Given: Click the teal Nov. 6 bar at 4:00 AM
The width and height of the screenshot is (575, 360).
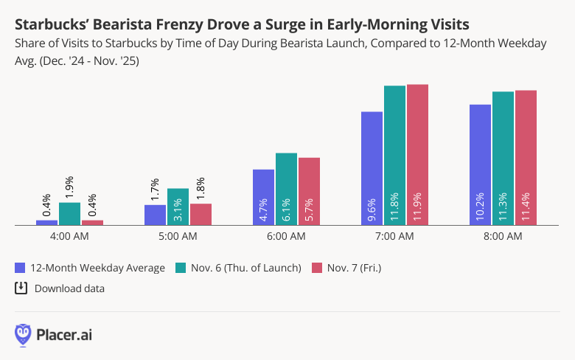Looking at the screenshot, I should click(69, 213).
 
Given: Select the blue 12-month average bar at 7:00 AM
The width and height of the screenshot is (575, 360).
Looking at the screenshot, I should click(372, 167).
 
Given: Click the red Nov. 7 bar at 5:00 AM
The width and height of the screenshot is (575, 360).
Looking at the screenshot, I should click(201, 214).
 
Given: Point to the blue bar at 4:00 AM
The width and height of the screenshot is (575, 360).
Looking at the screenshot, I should click(46, 222).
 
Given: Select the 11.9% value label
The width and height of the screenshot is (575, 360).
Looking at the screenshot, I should click(417, 210).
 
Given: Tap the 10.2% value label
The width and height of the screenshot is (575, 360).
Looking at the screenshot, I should click(480, 210).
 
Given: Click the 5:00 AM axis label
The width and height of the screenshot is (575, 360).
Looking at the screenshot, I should click(178, 237).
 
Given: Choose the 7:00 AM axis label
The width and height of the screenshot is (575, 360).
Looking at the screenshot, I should click(394, 237).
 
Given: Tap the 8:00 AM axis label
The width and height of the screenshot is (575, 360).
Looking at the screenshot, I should click(503, 237).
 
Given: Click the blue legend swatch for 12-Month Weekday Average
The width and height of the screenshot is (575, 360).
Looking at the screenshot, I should click(20, 267).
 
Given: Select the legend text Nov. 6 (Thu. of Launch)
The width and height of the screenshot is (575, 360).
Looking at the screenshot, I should click(246, 268).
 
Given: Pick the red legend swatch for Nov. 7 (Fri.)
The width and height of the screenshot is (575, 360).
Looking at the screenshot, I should click(318, 267).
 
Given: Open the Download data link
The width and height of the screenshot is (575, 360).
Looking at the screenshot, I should click(69, 288).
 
